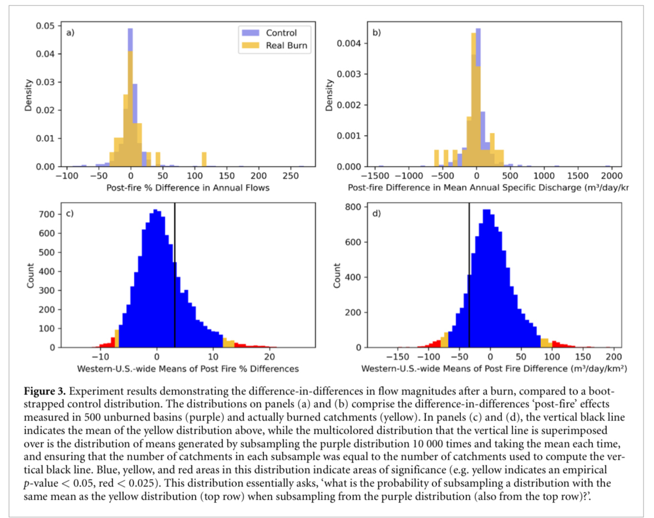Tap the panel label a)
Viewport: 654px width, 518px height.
[x=70, y=32]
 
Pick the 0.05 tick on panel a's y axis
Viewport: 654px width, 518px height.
[x=47, y=26]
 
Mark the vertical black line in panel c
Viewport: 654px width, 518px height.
[x=175, y=277]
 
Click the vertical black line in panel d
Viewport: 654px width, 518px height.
[x=469, y=277]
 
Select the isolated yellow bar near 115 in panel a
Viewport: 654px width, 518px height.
[x=204, y=160]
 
